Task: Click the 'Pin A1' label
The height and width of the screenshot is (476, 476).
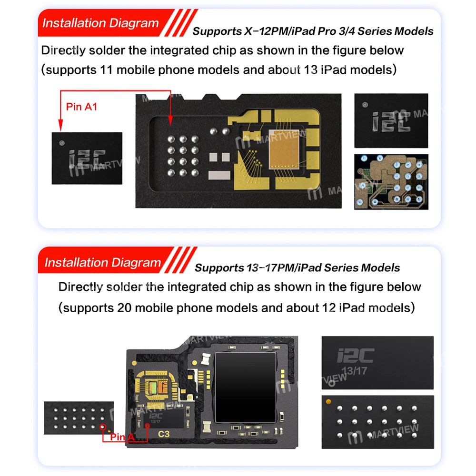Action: pos(82,107)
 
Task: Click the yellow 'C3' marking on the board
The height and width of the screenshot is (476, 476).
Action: pos(163,434)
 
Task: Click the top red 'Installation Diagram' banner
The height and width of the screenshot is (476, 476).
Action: pos(100,23)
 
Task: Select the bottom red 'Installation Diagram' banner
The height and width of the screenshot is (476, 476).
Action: pos(102,262)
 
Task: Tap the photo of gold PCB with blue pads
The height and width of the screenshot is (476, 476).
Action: pos(391,182)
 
